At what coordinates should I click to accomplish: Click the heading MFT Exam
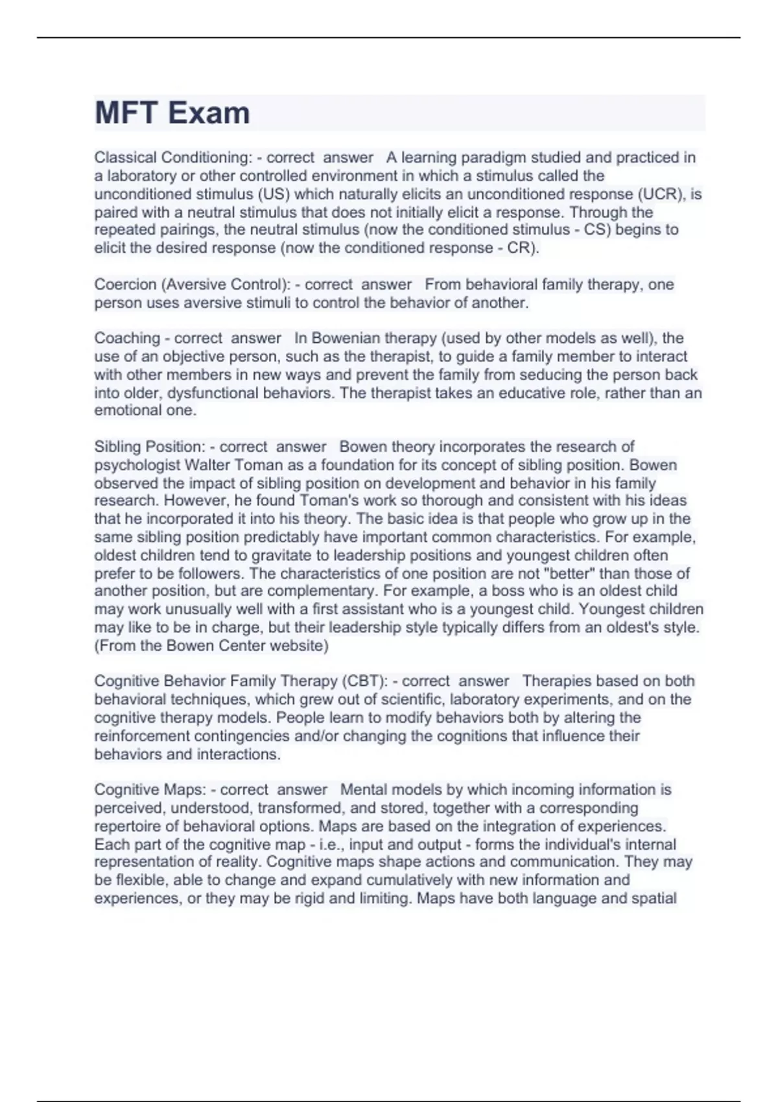(172, 113)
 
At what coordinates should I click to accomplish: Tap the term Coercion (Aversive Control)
(191, 285)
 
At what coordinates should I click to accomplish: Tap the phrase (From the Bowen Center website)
(211, 646)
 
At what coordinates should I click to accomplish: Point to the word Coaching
(127, 338)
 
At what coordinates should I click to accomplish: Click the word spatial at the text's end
(654, 898)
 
